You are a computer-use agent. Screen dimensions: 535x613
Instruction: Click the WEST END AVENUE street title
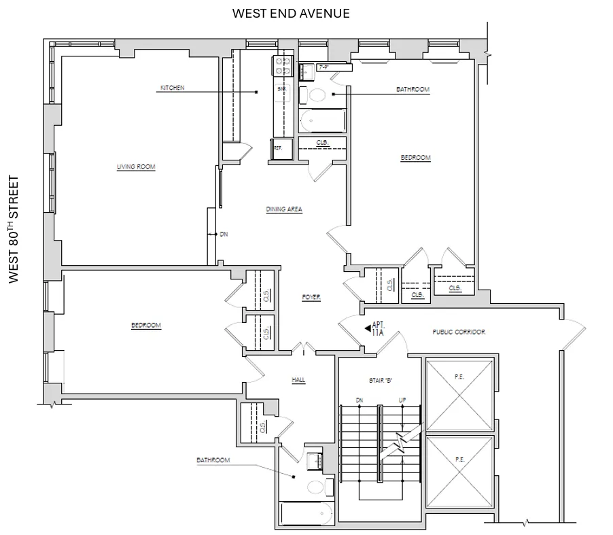pos(291,13)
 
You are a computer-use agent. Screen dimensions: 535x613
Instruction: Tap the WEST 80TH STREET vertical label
pos(13,229)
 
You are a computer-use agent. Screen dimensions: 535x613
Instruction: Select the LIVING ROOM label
pos(136,167)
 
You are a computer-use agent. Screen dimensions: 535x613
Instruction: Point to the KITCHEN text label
pos(172,88)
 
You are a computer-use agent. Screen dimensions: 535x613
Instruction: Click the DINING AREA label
pos(284,209)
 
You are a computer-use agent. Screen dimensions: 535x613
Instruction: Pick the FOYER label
pos(311,297)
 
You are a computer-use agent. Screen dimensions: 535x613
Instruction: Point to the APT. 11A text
pos(378,329)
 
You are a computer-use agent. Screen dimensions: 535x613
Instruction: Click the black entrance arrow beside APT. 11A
pos(366,329)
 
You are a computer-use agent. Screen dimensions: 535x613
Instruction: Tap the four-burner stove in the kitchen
pos(282,66)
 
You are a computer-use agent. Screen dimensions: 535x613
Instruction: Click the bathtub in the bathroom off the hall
pos(306,515)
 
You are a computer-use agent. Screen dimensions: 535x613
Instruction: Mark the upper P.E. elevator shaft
pos(459,393)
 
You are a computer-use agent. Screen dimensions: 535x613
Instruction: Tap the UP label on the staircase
pos(402,400)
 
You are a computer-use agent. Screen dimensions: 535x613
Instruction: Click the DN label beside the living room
pos(224,234)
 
